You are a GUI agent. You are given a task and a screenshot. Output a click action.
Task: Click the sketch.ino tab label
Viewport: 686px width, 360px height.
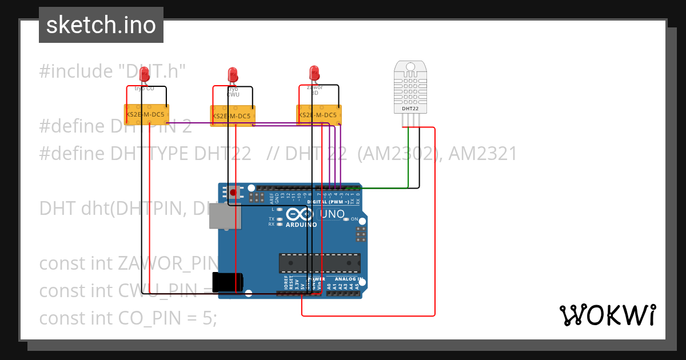[x=101, y=25]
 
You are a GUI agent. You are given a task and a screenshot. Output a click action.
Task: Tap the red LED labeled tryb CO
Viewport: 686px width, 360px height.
[x=144, y=74]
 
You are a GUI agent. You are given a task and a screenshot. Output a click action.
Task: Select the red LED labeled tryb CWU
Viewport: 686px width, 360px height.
[x=232, y=74]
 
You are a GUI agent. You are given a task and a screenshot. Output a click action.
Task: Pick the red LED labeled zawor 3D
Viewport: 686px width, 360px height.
[x=314, y=73]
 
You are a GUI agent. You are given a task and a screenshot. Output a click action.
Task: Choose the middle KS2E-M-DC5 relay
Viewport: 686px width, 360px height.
[x=233, y=116]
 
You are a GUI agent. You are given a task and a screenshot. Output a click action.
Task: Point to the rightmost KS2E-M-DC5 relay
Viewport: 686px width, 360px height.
[x=319, y=114]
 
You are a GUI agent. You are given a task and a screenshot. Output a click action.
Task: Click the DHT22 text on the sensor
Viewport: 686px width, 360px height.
[x=410, y=108]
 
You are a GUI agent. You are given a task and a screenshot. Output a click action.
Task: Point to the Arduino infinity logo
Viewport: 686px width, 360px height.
[x=300, y=214]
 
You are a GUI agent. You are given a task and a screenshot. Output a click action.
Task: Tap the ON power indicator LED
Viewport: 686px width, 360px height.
[x=346, y=219]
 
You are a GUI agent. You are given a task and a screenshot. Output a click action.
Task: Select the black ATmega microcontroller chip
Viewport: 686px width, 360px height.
[x=320, y=263]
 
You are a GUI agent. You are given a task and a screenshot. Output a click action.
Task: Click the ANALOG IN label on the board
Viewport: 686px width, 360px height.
[x=345, y=279]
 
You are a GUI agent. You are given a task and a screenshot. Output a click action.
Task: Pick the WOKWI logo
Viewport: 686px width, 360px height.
[x=607, y=315]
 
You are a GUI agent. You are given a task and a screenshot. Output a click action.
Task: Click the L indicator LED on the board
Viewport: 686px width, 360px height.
[x=279, y=210]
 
